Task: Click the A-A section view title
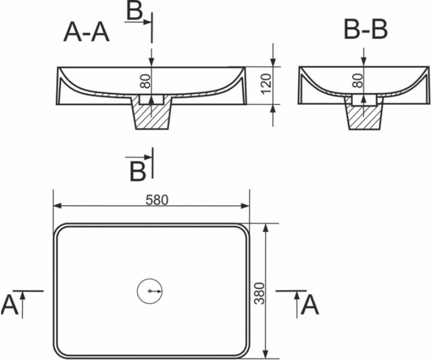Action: point(86,33)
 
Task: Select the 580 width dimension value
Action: point(157,200)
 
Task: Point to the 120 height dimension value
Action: point(266,84)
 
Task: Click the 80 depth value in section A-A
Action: point(145,81)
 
